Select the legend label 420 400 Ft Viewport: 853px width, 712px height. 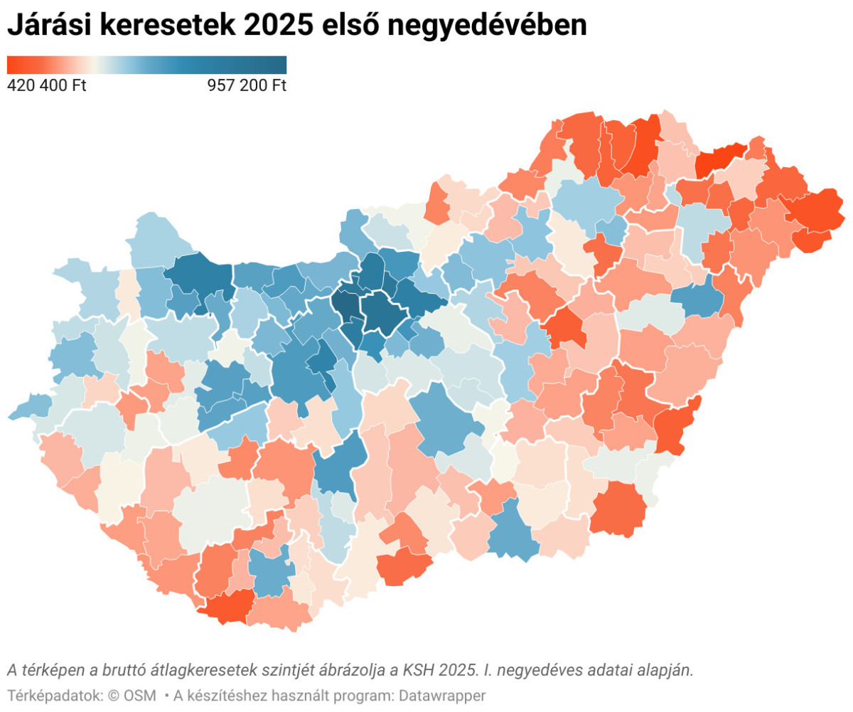click(x=46, y=86)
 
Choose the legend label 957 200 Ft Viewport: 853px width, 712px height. click(x=247, y=86)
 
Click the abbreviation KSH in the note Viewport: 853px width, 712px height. click(x=416, y=670)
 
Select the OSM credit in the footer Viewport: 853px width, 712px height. click(x=139, y=695)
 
